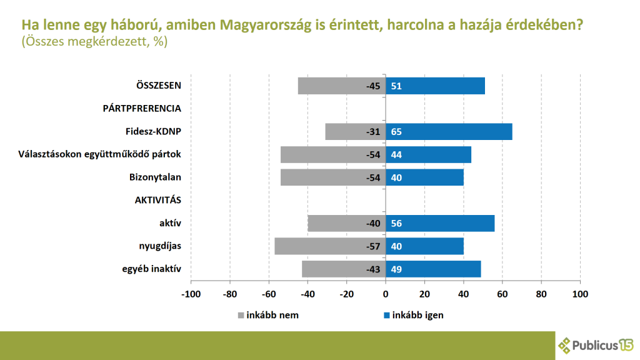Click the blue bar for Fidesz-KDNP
tap(449, 132)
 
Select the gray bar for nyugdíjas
tap(330, 246)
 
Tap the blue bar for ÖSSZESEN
tap(435, 86)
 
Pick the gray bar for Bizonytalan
tap(333, 177)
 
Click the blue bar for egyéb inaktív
tap(433, 269)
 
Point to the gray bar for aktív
tap(347, 223)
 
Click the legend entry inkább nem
tap(268, 315)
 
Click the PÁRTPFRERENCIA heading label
tap(142, 108)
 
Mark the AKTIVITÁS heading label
tap(158, 200)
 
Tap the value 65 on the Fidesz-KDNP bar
tap(396, 132)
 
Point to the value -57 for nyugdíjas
tap(373, 246)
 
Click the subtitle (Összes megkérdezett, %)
tap(94, 42)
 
